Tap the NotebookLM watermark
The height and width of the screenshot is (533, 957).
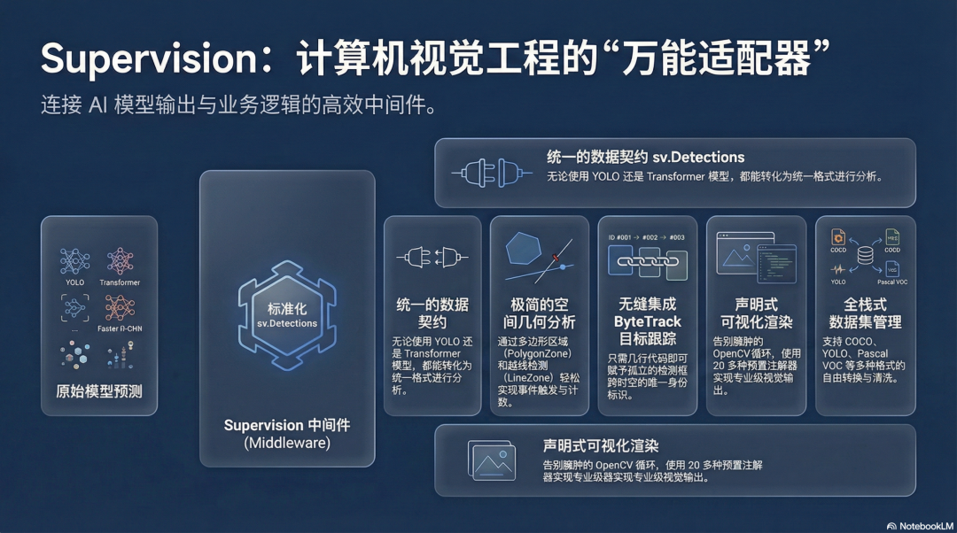pos(912,525)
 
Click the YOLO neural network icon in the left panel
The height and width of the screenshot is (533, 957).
pos(74,261)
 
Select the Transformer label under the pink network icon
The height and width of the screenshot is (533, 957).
pos(120,282)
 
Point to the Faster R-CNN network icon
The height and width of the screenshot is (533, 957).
pos(120,306)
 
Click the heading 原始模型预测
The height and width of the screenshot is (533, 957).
pos(98,390)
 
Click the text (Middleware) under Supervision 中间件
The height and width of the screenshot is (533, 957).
pos(286,444)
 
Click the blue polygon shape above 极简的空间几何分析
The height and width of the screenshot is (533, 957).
pos(523,250)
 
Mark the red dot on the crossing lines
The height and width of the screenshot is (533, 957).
pos(556,258)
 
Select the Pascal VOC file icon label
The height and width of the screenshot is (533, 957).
pos(891,282)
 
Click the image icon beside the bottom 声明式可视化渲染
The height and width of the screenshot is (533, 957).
pos(493,460)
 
